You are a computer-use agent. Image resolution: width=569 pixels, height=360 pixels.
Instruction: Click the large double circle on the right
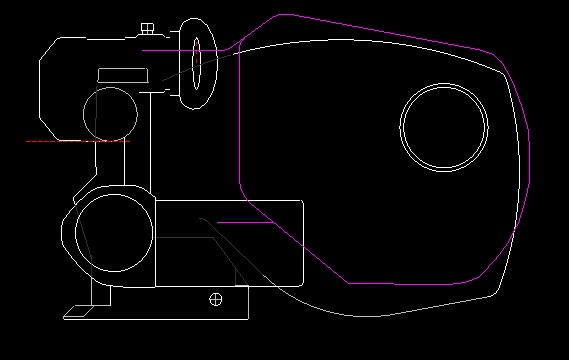click(x=444, y=127)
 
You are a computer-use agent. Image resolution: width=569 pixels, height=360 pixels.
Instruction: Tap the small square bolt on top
click(x=148, y=28)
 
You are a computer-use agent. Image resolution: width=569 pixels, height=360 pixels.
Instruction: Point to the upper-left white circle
click(x=109, y=113)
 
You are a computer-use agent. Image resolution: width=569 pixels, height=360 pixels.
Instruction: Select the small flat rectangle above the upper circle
click(x=123, y=75)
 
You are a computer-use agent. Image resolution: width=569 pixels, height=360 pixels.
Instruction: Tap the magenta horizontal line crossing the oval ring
click(x=165, y=48)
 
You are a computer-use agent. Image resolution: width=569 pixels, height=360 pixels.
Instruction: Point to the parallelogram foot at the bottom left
click(x=85, y=312)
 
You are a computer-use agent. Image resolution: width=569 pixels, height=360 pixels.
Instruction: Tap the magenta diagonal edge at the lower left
click(x=300, y=244)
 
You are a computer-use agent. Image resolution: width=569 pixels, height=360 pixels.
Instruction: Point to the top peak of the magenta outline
click(x=284, y=15)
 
